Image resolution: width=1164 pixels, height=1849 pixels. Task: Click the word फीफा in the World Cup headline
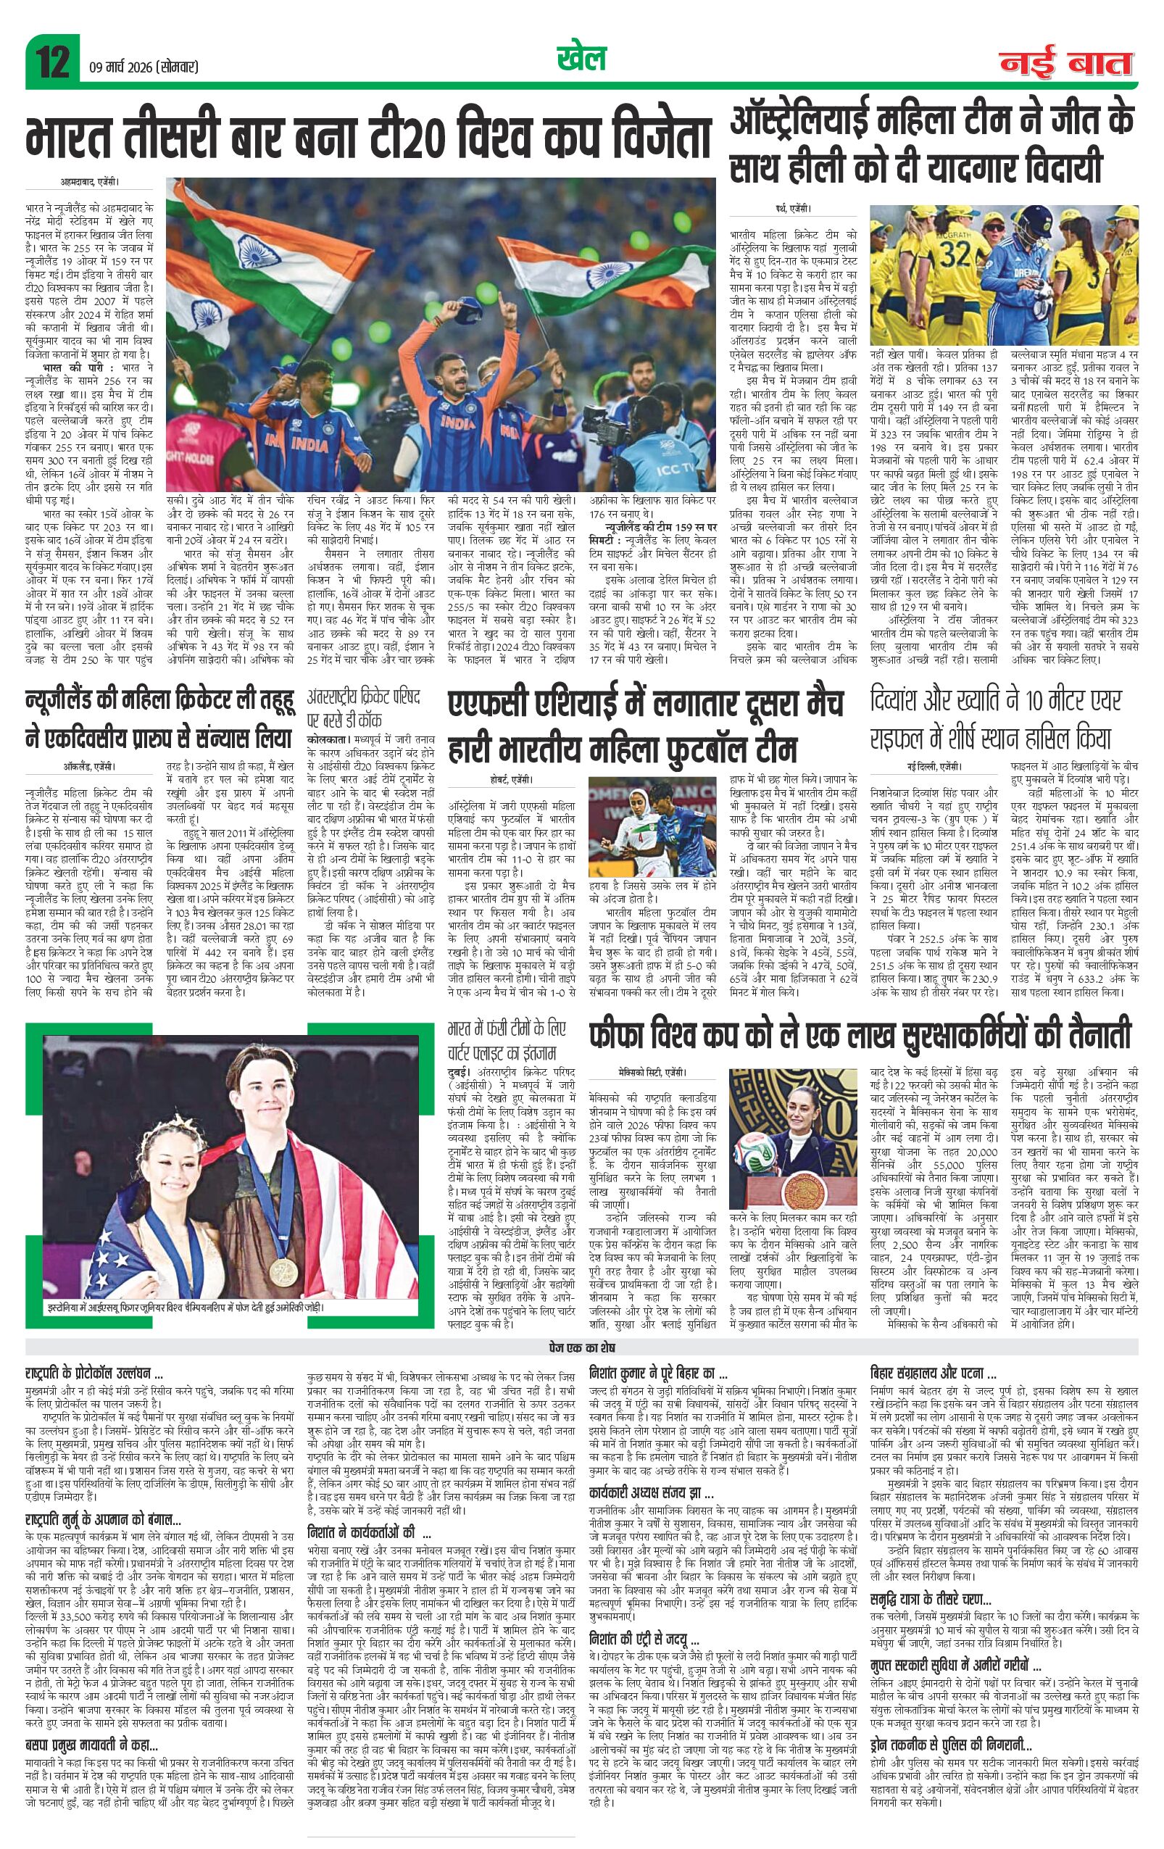(x=618, y=1034)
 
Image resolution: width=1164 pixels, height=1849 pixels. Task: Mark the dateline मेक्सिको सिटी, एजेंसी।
(x=652, y=1073)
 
